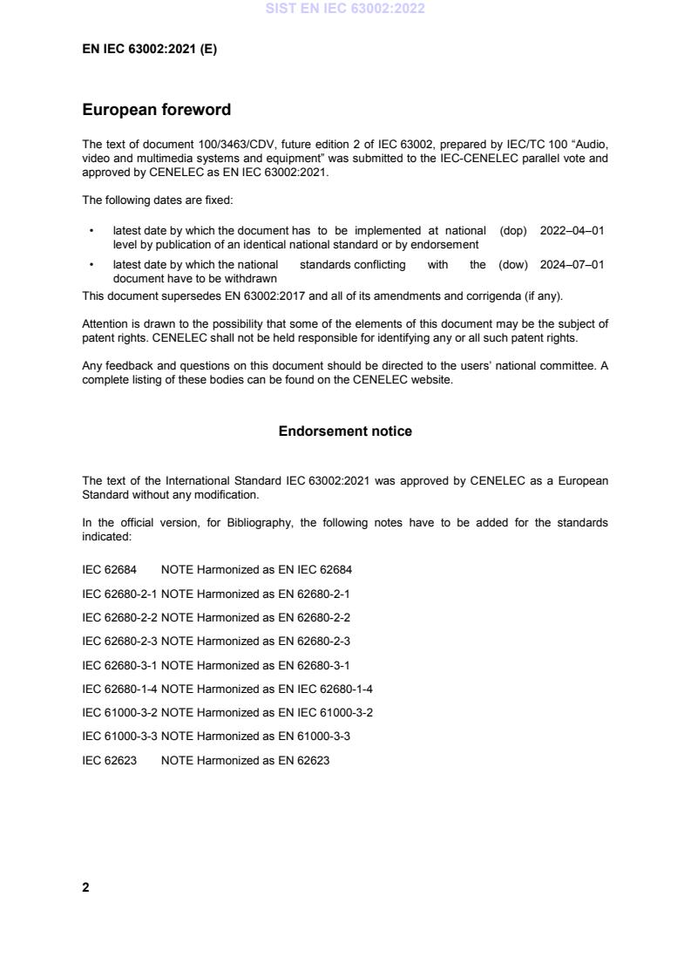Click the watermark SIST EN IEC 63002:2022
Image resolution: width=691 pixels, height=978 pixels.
[345, 10]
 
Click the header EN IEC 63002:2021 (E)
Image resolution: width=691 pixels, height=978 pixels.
[149, 50]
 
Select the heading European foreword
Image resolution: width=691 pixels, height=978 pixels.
[156, 110]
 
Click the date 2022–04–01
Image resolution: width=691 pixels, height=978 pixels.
[572, 231]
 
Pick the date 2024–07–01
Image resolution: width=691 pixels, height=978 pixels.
[572, 265]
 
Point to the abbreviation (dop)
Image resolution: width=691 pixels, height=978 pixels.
[513, 231]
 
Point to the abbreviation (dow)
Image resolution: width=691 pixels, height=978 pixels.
[513, 265]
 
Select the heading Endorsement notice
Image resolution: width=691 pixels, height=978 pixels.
[345, 431]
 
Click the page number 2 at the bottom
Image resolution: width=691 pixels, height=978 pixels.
[85, 887]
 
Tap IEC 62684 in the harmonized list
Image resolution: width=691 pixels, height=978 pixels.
[109, 570]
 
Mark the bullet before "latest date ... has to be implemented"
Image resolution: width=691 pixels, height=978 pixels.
[91, 231]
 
